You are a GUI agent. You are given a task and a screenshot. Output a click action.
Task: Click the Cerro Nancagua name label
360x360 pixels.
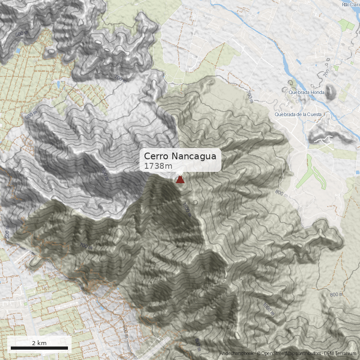point(180,156)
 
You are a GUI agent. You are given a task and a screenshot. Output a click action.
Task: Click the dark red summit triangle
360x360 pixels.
point(180,180)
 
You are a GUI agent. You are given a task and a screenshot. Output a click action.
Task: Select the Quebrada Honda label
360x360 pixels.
point(306,93)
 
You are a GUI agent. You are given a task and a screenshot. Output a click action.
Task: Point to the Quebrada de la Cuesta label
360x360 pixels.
point(298,114)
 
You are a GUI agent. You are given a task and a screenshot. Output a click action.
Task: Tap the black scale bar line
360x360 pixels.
point(39,348)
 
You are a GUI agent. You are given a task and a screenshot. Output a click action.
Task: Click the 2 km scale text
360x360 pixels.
point(39,343)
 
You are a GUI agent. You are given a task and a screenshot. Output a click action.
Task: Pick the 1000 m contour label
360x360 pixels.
point(268,309)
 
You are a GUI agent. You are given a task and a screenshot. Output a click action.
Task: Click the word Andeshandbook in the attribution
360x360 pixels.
point(237,354)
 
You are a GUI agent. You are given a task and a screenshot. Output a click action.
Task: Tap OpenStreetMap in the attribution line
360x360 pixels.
point(278,354)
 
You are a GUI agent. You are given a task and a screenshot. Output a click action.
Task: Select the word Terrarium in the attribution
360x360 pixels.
point(345,354)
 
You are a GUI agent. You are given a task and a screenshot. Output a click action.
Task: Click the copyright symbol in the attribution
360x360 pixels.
point(258,354)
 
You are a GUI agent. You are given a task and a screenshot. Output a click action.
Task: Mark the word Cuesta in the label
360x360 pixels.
point(314,114)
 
